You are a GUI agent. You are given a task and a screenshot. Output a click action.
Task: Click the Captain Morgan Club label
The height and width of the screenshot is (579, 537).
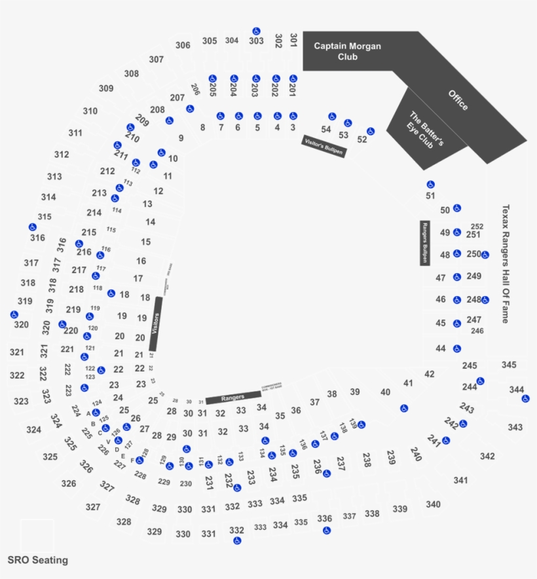pos(347,51)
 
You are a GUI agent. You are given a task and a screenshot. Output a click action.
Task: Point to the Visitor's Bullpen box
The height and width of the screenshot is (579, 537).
pos(324,146)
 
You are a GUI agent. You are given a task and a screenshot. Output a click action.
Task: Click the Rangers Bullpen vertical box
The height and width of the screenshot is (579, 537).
pos(424,242)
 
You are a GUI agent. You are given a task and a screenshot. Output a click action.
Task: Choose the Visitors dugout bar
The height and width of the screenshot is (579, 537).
pos(156,324)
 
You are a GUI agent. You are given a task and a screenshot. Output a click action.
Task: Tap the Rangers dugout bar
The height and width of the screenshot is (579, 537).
pos(232,398)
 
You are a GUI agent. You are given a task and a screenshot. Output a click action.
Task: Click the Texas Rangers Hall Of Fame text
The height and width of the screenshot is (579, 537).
pos(505,263)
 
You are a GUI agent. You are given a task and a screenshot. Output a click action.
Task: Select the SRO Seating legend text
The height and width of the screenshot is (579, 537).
pos(37,560)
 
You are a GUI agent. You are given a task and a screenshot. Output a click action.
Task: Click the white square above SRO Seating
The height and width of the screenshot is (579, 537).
pos(37,536)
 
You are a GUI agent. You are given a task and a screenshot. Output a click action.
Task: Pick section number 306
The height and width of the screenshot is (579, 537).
pos(183,45)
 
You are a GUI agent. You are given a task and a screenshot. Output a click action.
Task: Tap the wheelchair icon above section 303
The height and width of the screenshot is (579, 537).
pos(256,31)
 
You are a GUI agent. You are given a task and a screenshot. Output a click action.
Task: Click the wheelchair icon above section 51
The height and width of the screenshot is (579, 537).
pos(430,184)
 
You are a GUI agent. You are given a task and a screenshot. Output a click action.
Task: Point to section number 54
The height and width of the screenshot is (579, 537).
pos(326,129)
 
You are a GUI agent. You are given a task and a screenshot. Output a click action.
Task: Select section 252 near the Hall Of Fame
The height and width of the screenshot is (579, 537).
pos(477,227)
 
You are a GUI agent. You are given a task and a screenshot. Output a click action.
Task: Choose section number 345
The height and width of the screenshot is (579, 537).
pos(509,364)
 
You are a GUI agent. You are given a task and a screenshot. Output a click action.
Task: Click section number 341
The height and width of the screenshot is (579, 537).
pos(460,480)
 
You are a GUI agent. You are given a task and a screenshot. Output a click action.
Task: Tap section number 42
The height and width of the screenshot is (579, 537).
pos(430,374)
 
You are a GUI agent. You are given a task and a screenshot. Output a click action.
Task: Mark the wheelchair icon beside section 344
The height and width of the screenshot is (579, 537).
pos(525,398)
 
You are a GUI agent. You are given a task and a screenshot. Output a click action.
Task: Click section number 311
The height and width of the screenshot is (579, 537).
pos(75,133)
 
